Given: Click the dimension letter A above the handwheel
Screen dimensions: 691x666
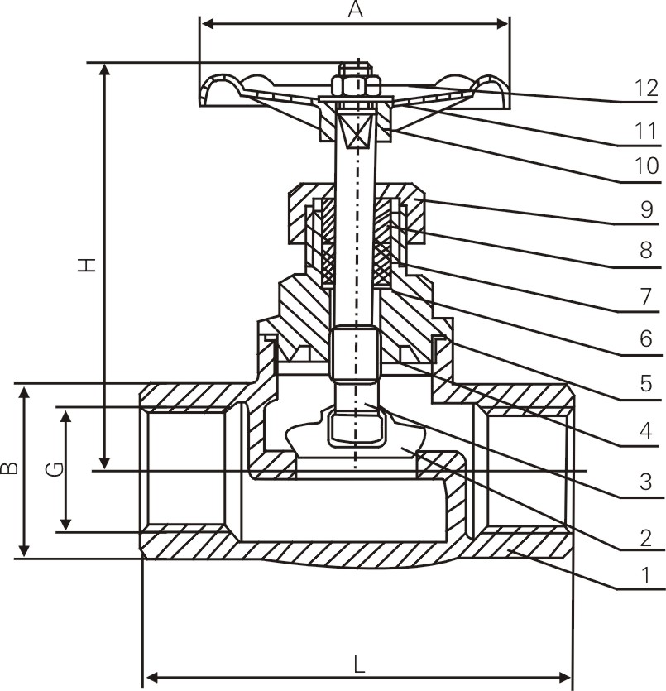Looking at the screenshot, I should pos(355,10).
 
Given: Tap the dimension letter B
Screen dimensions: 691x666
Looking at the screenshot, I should pos(10,468).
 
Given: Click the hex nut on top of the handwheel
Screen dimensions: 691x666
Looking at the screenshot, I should pos(356,84).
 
